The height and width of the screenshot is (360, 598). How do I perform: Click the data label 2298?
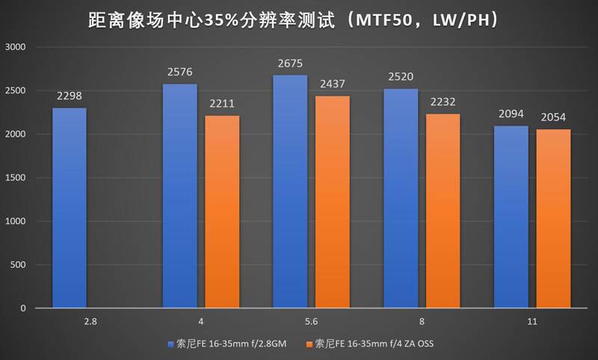(70, 96)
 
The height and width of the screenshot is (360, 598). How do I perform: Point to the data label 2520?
(401, 76)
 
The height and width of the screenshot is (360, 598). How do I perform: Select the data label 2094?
(511, 114)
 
